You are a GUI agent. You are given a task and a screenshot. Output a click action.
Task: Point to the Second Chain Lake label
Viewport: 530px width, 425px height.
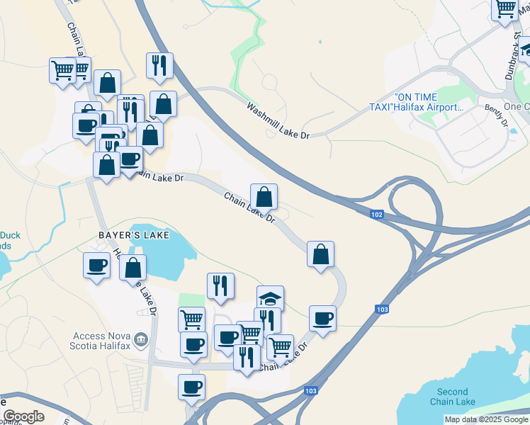pyautogui.click(x=452, y=397)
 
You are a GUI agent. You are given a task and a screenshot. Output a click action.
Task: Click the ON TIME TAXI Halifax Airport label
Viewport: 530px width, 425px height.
pyautogui.click(x=428, y=102)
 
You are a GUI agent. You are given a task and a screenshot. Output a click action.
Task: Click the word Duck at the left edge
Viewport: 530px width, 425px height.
pyautogui.click(x=10, y=236)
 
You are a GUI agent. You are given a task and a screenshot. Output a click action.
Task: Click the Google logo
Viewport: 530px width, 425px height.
pyautogui.click(x=23, y=416)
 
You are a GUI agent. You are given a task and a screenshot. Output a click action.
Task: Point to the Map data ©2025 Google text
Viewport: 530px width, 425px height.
pyautogui.click(x=486, y=419)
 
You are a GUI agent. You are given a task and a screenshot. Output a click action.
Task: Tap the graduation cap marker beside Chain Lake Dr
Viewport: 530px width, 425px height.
pyautogui.click(x=270, y=297)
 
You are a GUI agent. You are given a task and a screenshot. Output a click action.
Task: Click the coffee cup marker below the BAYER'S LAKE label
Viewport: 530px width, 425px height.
pyautogui.click(x=96, y=266)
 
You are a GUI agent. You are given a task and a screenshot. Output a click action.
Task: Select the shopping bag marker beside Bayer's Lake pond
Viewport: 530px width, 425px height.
pyautogui.click(x=132, y=267)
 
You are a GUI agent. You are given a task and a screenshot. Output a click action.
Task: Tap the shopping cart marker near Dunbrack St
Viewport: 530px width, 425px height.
pyautogui.click(x=505, y=10)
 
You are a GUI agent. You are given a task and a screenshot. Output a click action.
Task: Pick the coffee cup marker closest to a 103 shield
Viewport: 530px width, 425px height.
pyautogui.click(x=322, y=318)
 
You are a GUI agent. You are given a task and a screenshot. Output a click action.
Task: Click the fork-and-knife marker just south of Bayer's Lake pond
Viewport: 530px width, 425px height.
pyautogui.click(x=220, y=285)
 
